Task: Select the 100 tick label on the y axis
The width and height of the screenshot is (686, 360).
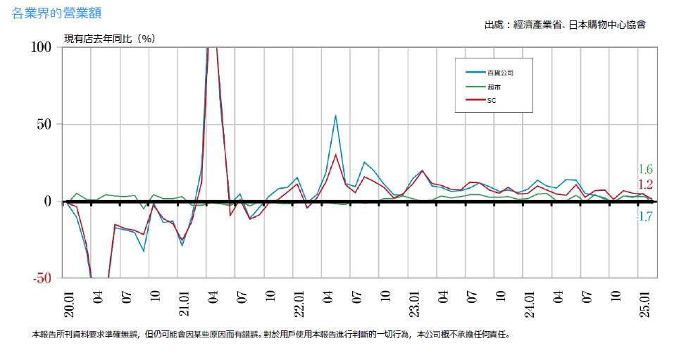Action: pyautogui.click(x=42, y=47)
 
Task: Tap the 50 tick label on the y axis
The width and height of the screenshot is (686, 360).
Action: pyautogui.click(x=45, y=124)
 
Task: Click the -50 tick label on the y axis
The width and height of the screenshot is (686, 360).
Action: pyautogui.click(x=42, y=278)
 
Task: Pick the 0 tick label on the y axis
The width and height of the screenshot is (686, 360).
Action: pyautogui.click(x=49, y=201)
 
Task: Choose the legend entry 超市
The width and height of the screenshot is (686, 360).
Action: pyautogui.click(x=494, y=87)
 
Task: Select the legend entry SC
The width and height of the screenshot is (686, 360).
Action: pyautogui.click(x=492, y=101)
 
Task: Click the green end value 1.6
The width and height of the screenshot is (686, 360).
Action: pyautogui.click(x=645, y=169)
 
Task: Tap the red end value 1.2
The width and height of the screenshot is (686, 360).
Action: pyautogui.click(x=645, y=185)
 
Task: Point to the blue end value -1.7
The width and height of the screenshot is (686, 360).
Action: pyautogui.click(x=644, y=217)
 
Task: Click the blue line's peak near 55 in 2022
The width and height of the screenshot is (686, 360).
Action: pyautogui.click(x=336, y=116)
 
